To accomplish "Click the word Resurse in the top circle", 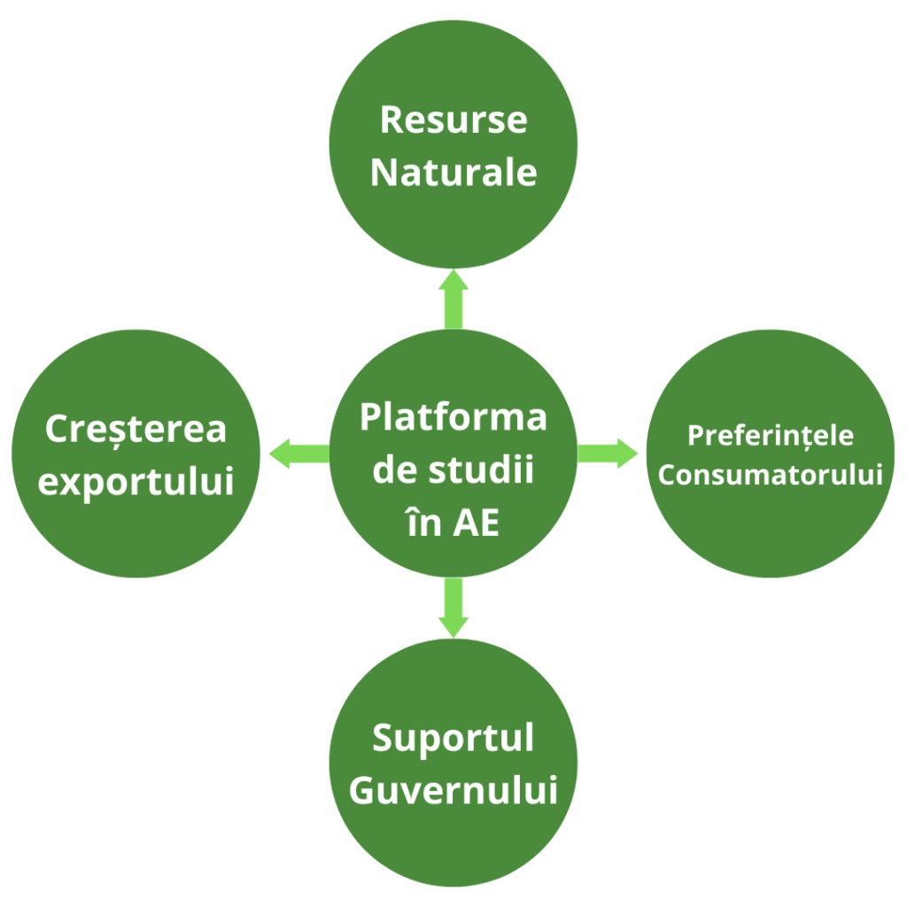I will [x=453, y=120].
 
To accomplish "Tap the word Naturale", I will [x=453, y=172].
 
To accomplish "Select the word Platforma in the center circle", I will [x=453, y=416].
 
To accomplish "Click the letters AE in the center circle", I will [x=477, y=523].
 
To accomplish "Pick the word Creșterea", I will [x=136, y=430].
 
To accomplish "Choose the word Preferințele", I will [x=771, y=436].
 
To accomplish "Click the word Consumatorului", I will [x=771, y=475].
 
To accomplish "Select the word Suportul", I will [x=453, y=738].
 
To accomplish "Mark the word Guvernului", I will [x=453, y=790].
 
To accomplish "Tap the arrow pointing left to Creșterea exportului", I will [x=297, y=453].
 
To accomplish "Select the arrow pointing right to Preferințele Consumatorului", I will [x=609, y=453].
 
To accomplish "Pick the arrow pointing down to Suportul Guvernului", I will [x=453, y=609].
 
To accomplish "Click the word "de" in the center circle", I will [x=391, y=469].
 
